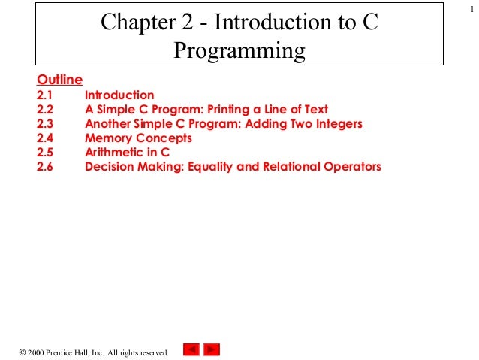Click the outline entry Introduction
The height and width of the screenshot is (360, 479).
[119, 95]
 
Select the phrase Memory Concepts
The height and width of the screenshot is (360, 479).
[138, 138]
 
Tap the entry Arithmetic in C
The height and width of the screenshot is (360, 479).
[128, 153]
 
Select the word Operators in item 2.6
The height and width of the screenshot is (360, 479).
[351, 167]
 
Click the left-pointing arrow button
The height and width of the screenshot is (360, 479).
[191, 349]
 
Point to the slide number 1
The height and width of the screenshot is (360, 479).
[466, 8]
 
